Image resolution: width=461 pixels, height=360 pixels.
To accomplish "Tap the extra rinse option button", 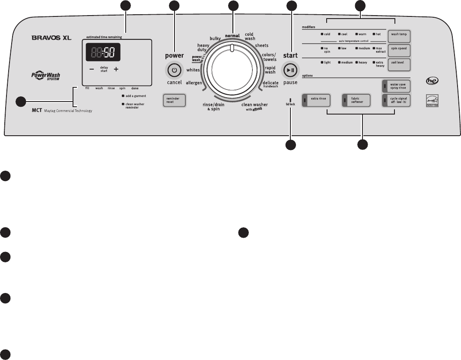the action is [318, 101].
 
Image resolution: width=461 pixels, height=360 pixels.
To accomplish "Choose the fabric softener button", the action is [356, 101].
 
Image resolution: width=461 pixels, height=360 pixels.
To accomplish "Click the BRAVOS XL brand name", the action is [51, 38].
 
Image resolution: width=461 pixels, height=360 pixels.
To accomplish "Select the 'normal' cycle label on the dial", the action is [232, 35].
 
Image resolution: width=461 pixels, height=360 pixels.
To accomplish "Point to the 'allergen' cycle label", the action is [194, 83].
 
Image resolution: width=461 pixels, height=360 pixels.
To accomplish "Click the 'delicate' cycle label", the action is [270, 83].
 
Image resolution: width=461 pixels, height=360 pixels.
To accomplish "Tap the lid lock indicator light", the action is [290, 100].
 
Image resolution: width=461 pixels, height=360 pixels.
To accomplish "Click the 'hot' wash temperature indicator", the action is [377, 33].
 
